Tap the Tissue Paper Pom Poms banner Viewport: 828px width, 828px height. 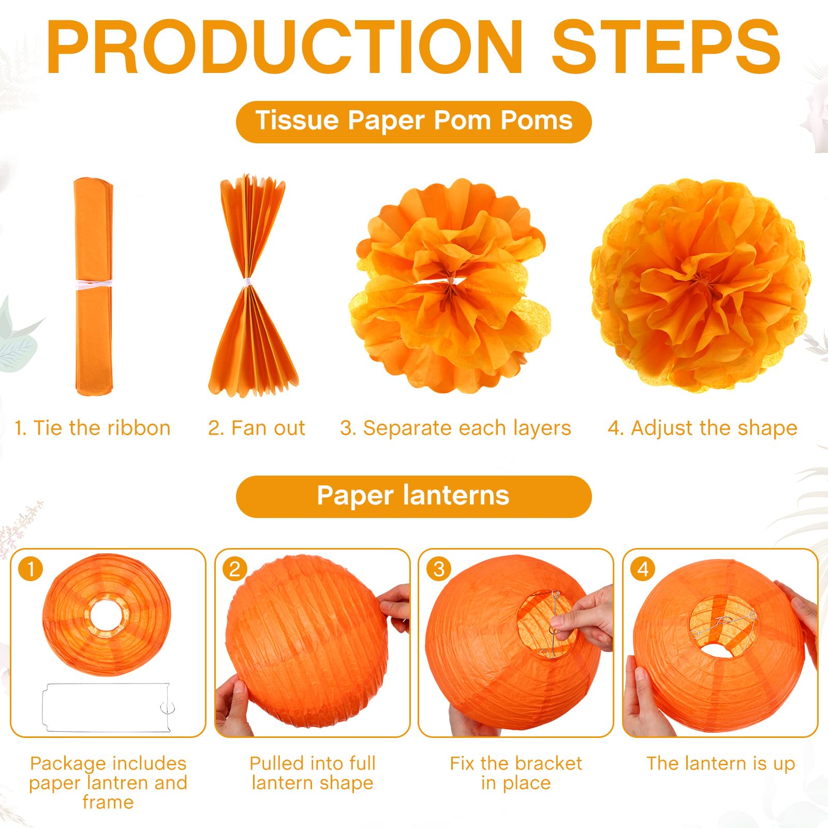tap(414, 122)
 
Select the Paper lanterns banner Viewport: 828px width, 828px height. tap(414, 496)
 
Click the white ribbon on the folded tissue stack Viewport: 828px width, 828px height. tap(94, 284)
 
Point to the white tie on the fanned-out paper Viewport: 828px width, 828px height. tap(247, 283)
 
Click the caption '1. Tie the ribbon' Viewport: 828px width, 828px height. tap(93, 428)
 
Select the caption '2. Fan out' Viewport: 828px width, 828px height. tap(257, 428)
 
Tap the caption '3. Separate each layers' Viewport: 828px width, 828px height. tap(455, 428)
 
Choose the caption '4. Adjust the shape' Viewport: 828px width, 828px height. tap(702, 428)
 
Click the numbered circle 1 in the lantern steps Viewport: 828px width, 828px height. tap(31, 569)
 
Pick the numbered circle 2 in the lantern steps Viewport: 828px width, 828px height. tap(235, 569)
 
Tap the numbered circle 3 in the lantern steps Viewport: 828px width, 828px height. tap(439, 569)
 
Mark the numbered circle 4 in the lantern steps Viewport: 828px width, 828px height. tap(643, 569)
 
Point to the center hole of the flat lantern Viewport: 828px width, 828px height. tap(107, 616)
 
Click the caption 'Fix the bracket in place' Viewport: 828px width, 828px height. tap(516, 773)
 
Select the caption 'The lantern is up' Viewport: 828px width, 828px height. tap(720, 763)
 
